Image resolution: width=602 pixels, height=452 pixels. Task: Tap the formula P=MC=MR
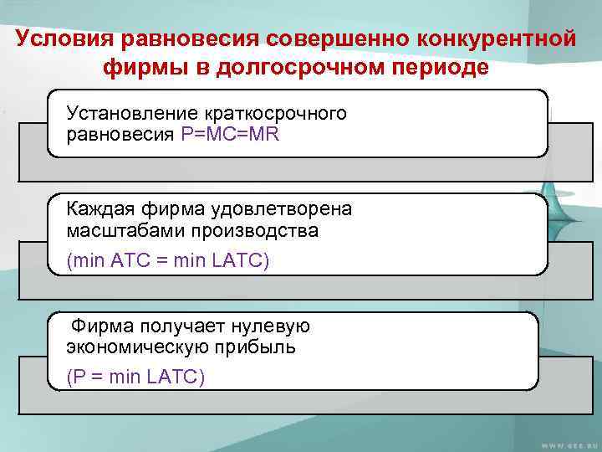coord(231,134)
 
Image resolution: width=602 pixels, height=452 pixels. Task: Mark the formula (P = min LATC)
coord(135,378)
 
